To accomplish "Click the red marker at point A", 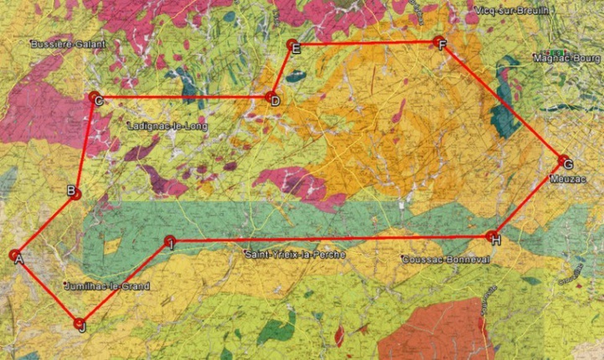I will (x=14, y=255).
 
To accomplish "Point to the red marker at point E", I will (x=291, y=44).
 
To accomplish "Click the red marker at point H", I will (x=493, y=236).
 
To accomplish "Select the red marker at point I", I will (x=169, y=241).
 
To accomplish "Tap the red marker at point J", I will (x=80, y=323).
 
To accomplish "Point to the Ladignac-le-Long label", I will (x=166, y=126).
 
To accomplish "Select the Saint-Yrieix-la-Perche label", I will (x=294, y=254).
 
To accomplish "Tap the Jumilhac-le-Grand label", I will (x=107, y=286).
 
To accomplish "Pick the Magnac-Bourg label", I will (x=567, y=58).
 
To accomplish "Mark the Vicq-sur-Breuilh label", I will (x=511, y=10).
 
